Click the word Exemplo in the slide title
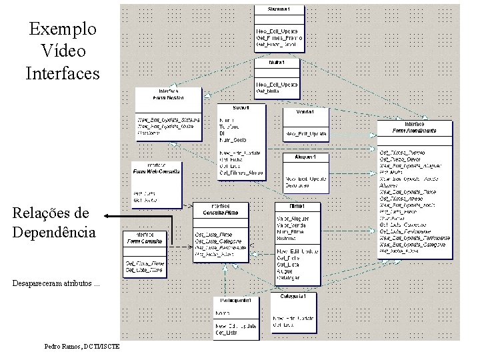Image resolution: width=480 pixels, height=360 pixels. click(x=63, y=29)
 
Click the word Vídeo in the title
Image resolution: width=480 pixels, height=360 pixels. click(x=63, y=51)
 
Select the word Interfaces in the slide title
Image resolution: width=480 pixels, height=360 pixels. click(x=63, y=72)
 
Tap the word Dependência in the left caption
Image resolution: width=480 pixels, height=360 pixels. click(x=54, y=232)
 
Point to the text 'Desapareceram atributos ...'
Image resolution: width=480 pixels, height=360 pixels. click(x=57, y=283)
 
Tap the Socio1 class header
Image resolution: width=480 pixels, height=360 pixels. click(x=241, y=107)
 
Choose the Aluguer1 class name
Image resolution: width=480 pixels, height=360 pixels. click(x=304, y=157)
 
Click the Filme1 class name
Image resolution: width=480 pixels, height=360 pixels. click(x=296, y=205)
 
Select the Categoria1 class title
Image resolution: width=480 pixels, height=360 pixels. click(x=293, y=296)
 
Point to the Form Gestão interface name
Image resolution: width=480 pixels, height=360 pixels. click(x=168, y=97)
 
